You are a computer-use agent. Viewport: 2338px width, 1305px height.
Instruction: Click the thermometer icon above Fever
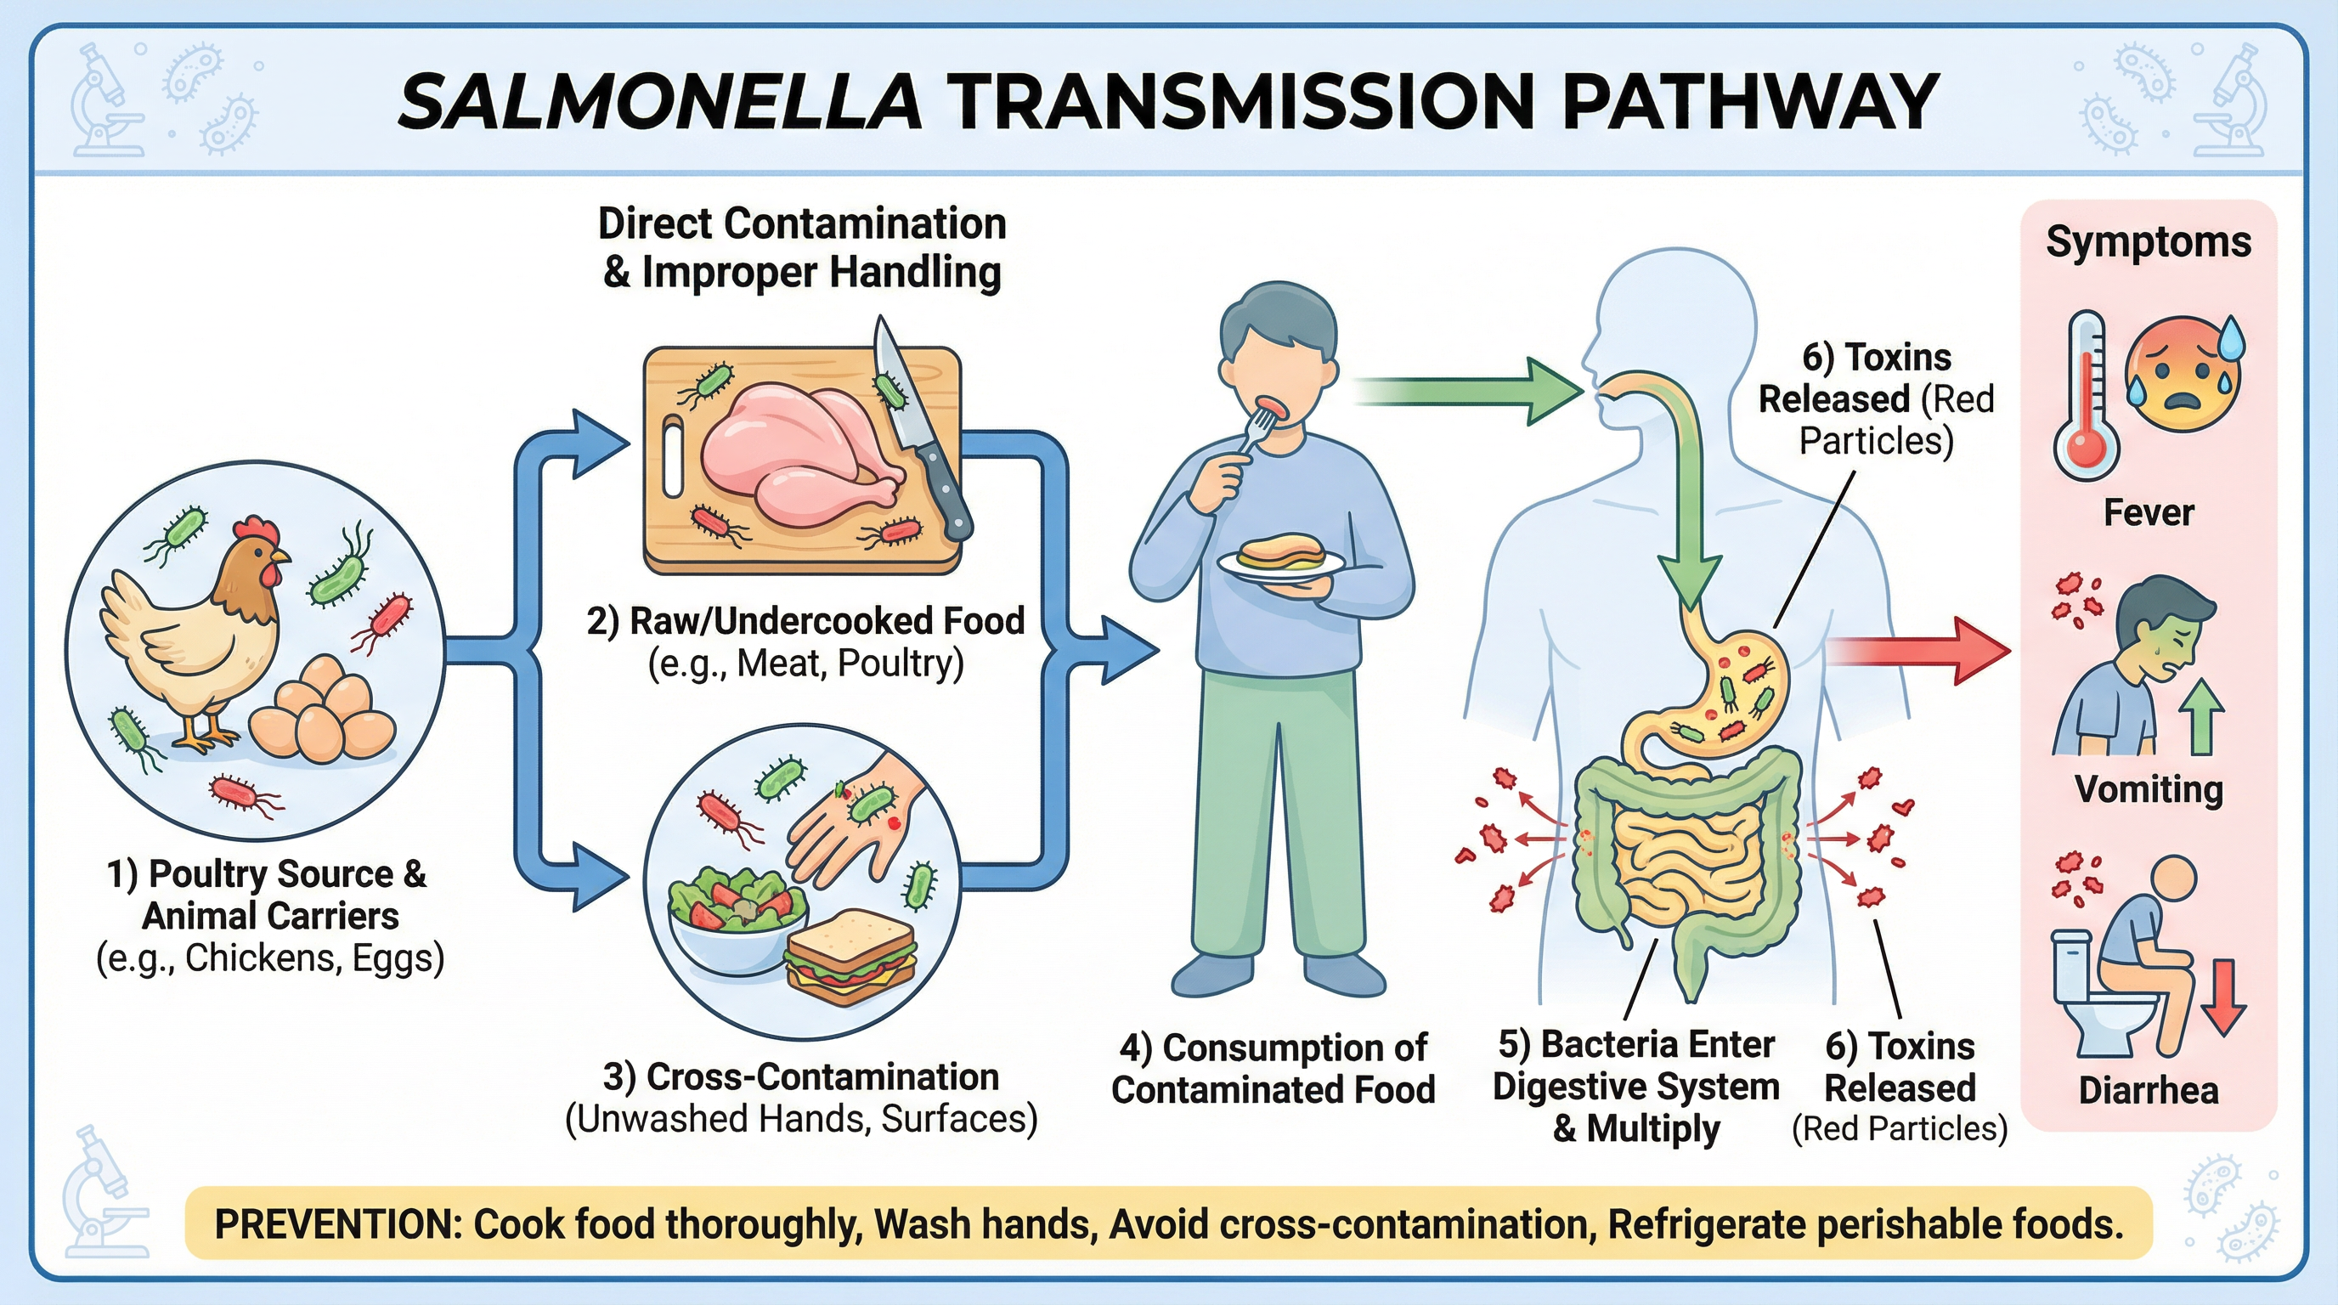[2086, 395]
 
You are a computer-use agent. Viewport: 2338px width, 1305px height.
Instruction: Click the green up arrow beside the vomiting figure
[2205, 717]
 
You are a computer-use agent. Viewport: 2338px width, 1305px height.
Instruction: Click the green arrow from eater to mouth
[1471, 392]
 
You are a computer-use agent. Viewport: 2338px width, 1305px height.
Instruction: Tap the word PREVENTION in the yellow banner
[337, 1224]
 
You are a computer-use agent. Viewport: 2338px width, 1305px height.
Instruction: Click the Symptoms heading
[2148, 242]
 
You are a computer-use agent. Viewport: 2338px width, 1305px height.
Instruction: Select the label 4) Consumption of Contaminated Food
[1273, 1068]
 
